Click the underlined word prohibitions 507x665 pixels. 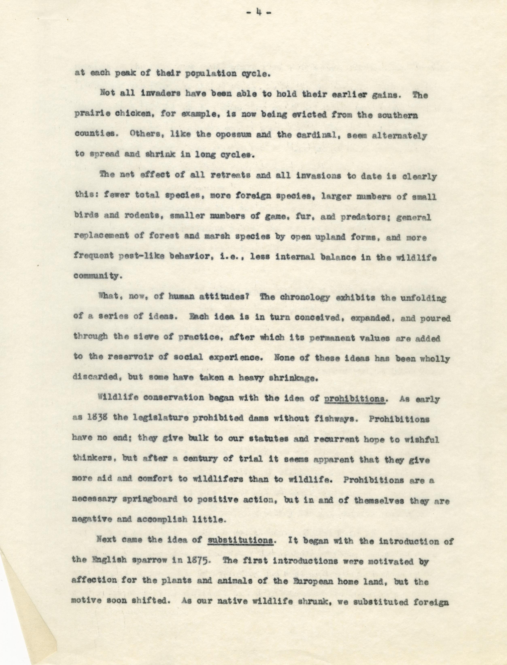[x=355, y=399]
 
